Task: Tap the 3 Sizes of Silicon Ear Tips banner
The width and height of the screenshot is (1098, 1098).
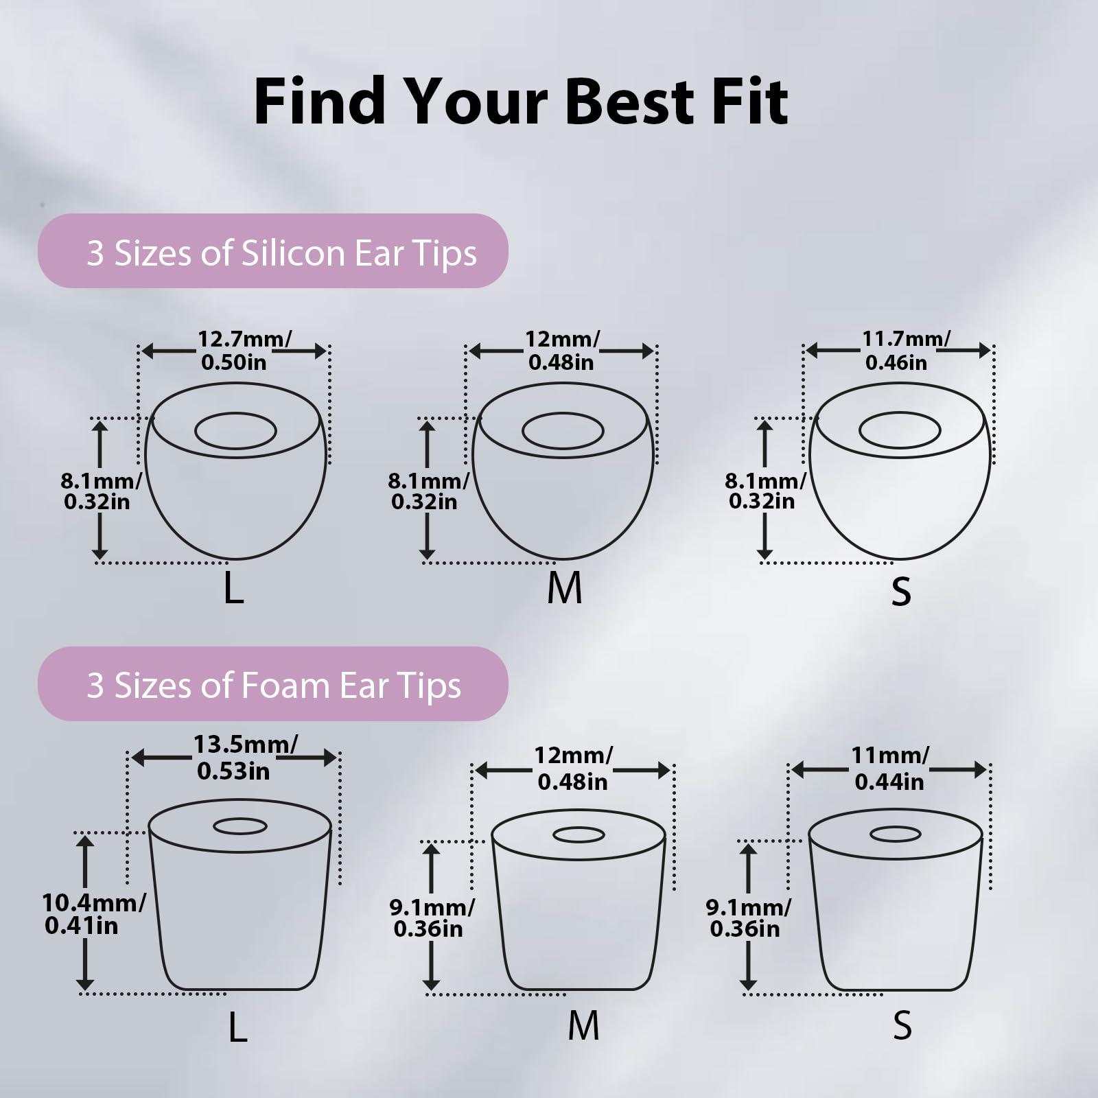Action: click(273, 251)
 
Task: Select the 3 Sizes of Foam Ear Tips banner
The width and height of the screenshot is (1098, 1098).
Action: click(273, 684)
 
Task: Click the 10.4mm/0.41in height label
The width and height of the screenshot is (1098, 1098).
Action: click(93, 914)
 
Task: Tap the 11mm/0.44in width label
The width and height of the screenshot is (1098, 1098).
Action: click(889, 768)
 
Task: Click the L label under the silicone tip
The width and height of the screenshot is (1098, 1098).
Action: click(233, 589)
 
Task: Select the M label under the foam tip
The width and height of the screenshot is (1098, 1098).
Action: click(584, 1026)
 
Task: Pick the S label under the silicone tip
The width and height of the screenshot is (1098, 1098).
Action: click(900, 590)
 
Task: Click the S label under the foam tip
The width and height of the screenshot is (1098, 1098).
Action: click(902, 1026)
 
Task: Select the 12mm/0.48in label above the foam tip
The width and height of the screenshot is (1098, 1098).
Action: click(573, 768)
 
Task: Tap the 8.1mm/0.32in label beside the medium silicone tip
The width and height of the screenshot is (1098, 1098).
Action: click(428, 491)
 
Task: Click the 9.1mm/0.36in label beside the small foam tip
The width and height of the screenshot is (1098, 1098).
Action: click(747, 918)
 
